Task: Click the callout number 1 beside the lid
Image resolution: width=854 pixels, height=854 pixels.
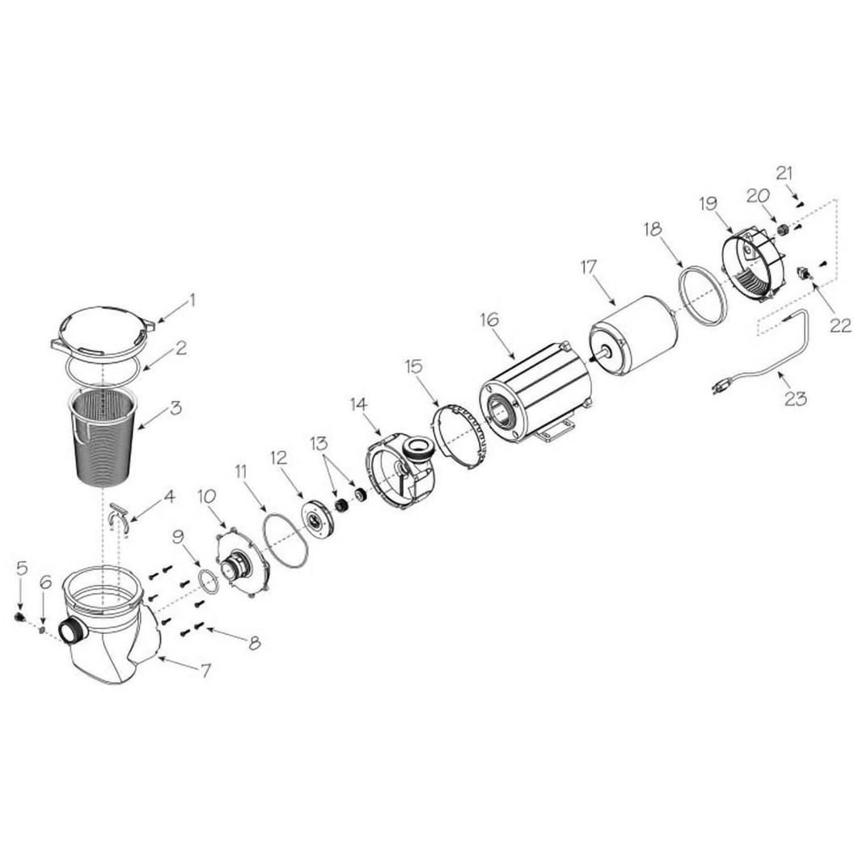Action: point(192,299)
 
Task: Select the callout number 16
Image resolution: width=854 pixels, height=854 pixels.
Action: point(489,319)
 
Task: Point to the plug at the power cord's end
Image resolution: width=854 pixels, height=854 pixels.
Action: point(721,388)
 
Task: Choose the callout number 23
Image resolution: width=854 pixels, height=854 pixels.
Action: point(795,399)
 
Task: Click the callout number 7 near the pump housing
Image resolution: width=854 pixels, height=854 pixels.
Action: point(205,671)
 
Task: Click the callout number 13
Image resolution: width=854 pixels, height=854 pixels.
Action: point(319,443)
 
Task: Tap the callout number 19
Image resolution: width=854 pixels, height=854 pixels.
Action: point(708,205)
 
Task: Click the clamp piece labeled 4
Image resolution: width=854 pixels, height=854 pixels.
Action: point(119,514)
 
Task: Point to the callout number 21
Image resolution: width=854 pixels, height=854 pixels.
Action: point(784,174)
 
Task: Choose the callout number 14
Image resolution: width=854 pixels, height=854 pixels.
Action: point(359,404)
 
